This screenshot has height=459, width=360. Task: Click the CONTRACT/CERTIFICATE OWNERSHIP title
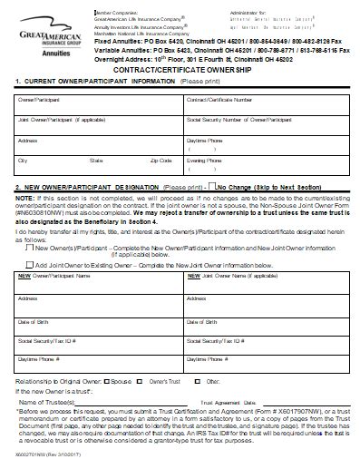click(x=181, y=69)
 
